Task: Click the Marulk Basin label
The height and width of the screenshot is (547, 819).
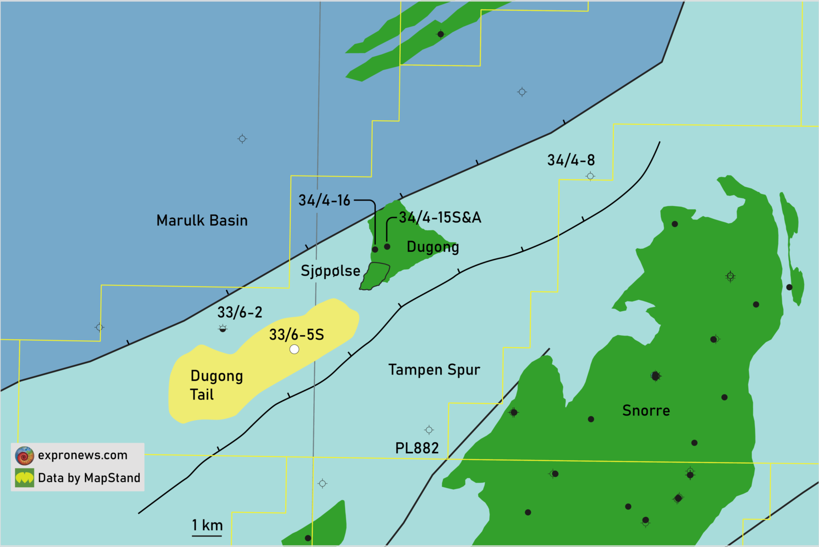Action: click(202, 221)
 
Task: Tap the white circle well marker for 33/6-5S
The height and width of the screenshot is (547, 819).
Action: click(294, 349)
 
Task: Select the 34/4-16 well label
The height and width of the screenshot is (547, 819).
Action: click(324, 200)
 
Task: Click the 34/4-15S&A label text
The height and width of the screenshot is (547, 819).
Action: click(440, 217)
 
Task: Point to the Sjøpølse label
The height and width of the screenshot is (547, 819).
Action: click(330, 271)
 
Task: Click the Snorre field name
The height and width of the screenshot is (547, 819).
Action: click(646, 410)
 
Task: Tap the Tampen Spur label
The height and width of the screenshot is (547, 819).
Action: click(434, 369)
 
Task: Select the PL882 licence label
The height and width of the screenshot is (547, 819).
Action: click(417, 448)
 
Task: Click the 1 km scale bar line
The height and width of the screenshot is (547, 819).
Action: click(207, 536)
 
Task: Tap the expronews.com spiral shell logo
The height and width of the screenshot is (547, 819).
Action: click(25, 455)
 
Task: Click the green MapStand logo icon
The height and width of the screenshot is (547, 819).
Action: click(25, 478)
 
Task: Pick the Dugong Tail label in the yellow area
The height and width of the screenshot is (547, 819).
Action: click(216, 385)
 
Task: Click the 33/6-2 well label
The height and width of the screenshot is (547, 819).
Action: click(240, 312)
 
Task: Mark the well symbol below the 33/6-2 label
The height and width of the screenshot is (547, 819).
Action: click(223, 329)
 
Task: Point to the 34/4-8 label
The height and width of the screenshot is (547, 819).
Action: click(571, 160)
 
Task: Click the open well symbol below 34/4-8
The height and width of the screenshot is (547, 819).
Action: click(590, 176)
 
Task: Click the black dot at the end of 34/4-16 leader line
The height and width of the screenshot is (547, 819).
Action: click(375, 249)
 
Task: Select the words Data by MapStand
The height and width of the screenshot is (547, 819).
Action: click(89, 478)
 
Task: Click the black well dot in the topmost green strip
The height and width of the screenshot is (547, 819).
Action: click(441, 34)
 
